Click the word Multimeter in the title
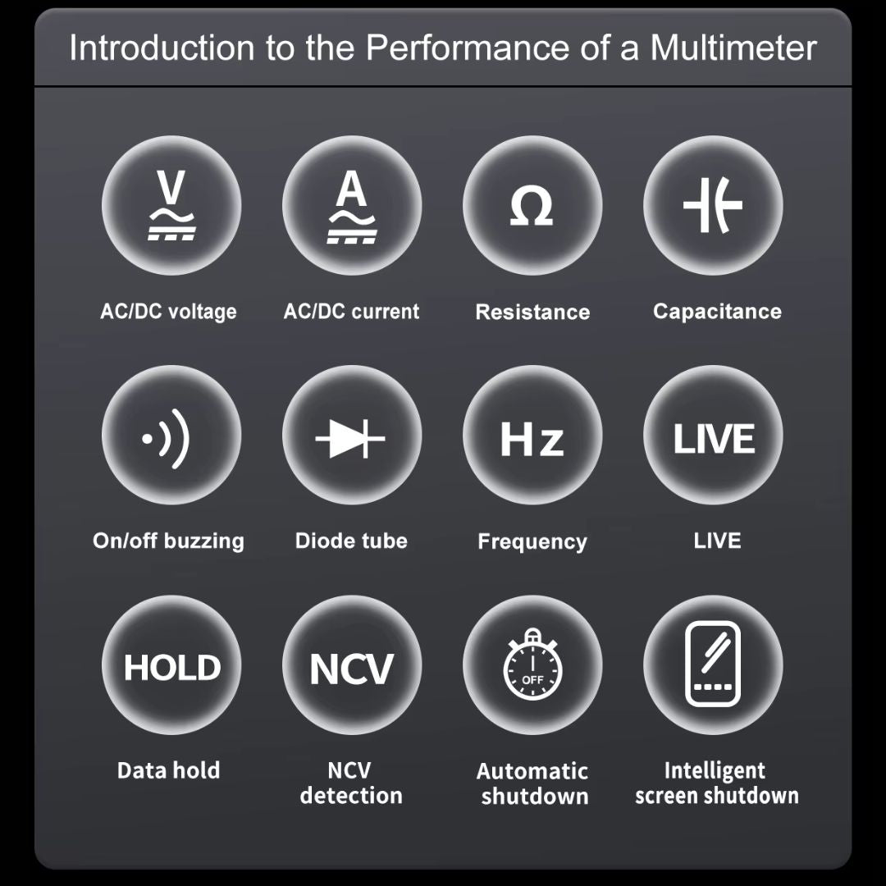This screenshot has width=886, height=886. pyautogui.click(x=733, y=48)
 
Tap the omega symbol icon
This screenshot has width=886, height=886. pyautogui.click(x=532, y=206)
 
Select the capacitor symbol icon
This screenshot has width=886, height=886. pyautogui.click(x=713, y=205)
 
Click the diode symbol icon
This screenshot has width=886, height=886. pyautogui.click(x=349, y=438)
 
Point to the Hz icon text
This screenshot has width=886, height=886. pyautogui.click(x=532, y=439)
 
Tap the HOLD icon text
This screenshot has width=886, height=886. pyautogui.click(x=171, y=667)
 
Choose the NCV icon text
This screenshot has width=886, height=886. pyautogui.click(x=351, y=669)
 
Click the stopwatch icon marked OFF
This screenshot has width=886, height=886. pyautogui.click(x=532, y=664)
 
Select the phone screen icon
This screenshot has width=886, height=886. pyautogui.click(x=713, y=664)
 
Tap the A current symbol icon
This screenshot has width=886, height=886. pyautogui.click(x=351, y=207)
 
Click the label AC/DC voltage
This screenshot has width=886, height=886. pyautogui.click(x=168, y=312)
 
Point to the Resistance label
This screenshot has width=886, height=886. pyautogui.click(x=532, y=312)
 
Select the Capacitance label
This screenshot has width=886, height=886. pyautogui.click(x=717, y=312)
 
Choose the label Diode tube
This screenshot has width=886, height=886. pyautogui.click(x=351, y=541)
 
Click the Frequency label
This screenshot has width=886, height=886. pyautogui.click(x=532, y=541)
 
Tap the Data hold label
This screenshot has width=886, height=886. pyautogui.click(x=168, y=770)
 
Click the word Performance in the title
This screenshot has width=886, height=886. pyautogui.click(x=468, y=48)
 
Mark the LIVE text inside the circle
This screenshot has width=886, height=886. pyautogui.click(x=714, y=439)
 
